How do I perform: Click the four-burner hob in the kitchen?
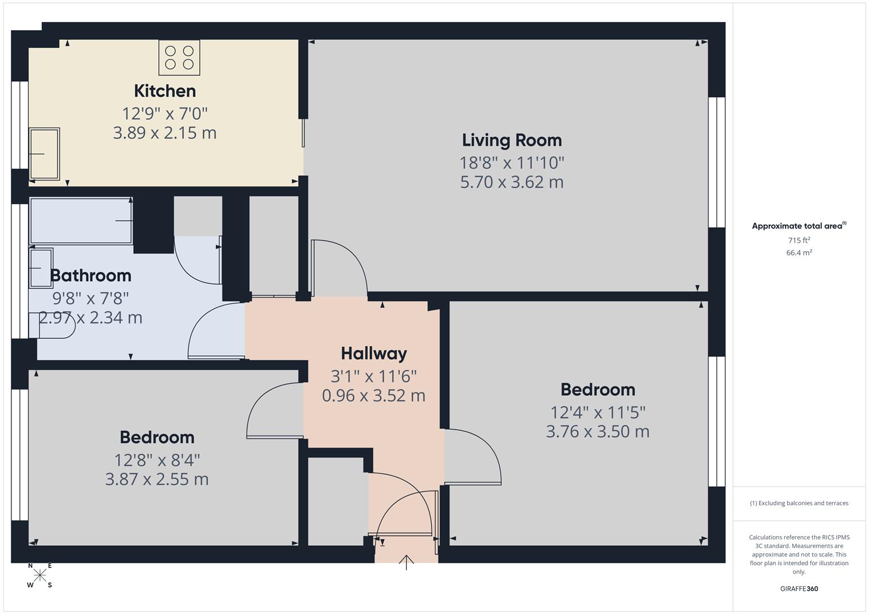pos(179,57)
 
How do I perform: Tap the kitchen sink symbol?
pos(44,153)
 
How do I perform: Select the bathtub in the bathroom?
pos(81,221)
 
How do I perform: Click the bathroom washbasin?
pos(41,268)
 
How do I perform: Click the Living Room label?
pos(512,140)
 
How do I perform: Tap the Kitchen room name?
pos(165,91)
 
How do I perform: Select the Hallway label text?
pos(374,354)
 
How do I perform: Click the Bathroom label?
pos(91,276)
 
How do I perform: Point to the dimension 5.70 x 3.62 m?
pos(512,182)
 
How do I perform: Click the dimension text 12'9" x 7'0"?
pos(165,113)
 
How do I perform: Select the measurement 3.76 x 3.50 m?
pos(598,432)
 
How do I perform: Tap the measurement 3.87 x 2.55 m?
pos(157,479)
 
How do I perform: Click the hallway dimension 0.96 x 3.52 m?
pos(374,396)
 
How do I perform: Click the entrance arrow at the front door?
pos(406,562)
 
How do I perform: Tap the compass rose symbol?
pos(40,575)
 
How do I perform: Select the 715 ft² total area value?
pos(799,240)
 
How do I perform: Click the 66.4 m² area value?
pos(799,253)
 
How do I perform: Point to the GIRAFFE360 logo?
pos(799,588)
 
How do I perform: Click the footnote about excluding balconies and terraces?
pos(799,503)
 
